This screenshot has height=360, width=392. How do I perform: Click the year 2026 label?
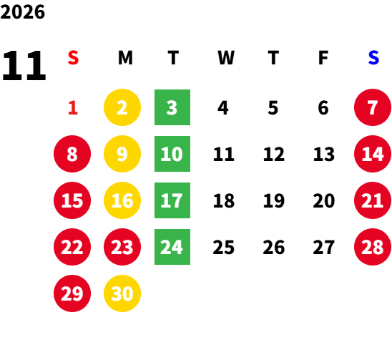[x=23, y=12]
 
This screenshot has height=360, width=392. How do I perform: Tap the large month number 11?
[x=24, y=66]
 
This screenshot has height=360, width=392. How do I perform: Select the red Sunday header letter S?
[x=73, y=58]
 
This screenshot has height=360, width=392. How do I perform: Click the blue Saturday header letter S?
[x=373, y=58]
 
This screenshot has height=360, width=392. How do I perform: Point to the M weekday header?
[x=125, y=58]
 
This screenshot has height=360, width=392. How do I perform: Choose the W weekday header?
[x=226, y=58]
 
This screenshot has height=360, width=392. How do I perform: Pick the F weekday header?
[x=323, y=58]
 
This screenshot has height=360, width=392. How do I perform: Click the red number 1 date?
[x=73, y=108]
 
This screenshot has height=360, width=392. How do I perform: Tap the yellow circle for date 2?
[x=122, y=107]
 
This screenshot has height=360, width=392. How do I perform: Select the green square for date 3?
[x=172, y=107]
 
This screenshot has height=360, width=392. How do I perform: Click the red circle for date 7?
[x=373, y=107]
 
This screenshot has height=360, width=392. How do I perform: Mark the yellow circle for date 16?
[x=122, y=200]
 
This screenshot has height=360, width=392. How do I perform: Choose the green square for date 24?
[x=172, y=247]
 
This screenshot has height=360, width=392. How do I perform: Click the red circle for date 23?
[x=122, y=247]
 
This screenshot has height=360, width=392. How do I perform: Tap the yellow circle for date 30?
[x=122, y=293]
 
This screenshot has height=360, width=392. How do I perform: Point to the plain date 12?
[x=274, y=154]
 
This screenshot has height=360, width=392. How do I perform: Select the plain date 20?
[x=324, y=200]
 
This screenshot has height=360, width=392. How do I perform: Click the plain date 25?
[x=223, y=247]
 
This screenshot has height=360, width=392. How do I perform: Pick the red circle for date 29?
[x=72, y=293]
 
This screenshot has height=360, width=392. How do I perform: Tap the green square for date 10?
[x=172, y=154]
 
